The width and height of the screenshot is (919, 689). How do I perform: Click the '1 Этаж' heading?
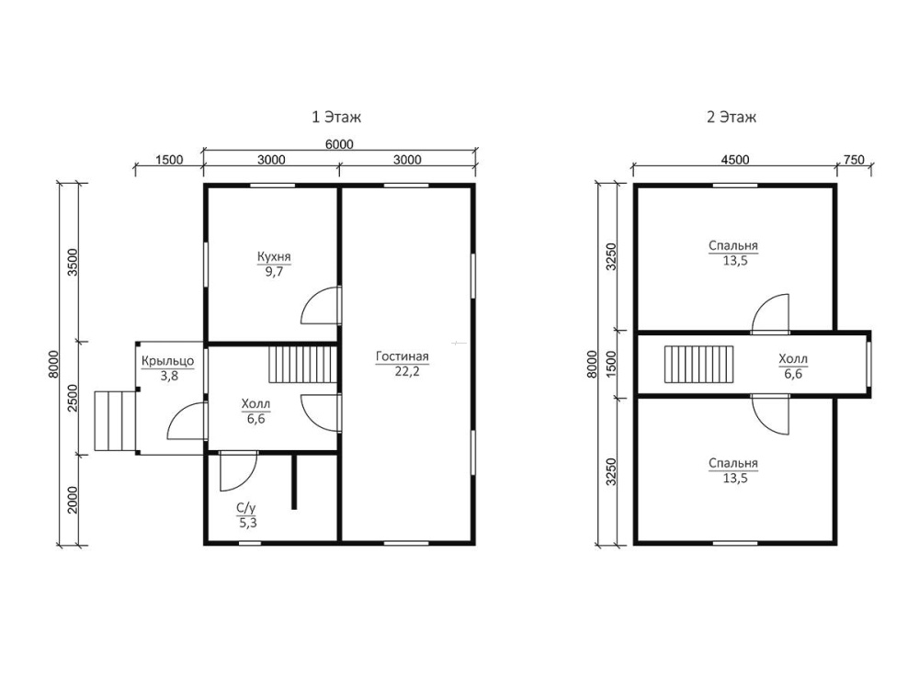pos(335,118)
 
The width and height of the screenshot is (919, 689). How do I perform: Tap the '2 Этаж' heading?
pos(731,118)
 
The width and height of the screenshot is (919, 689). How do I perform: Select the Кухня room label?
pos(274,256)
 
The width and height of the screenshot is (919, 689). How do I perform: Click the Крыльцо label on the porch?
pos(167,361)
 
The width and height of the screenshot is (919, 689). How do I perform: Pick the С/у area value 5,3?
pos(247,523)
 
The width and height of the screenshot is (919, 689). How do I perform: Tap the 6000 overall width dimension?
pos(339,144)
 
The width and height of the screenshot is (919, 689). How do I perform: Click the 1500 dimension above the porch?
pos(169,160)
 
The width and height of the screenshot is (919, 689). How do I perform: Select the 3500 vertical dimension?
pos(73,263)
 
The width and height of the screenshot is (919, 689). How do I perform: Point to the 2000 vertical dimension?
pos(73,499)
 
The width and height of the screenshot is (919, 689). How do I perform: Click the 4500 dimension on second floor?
pos(734,160)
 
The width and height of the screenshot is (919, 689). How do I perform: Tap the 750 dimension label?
pos(854,159)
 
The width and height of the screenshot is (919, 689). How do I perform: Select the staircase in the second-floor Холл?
pos(698,363)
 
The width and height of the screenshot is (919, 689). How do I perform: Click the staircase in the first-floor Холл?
pos(303,364)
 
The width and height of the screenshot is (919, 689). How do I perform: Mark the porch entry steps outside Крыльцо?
pos(115,422)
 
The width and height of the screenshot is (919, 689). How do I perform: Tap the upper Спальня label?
pos(733,245)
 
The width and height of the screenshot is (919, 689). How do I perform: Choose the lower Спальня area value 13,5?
pos(734,478)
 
